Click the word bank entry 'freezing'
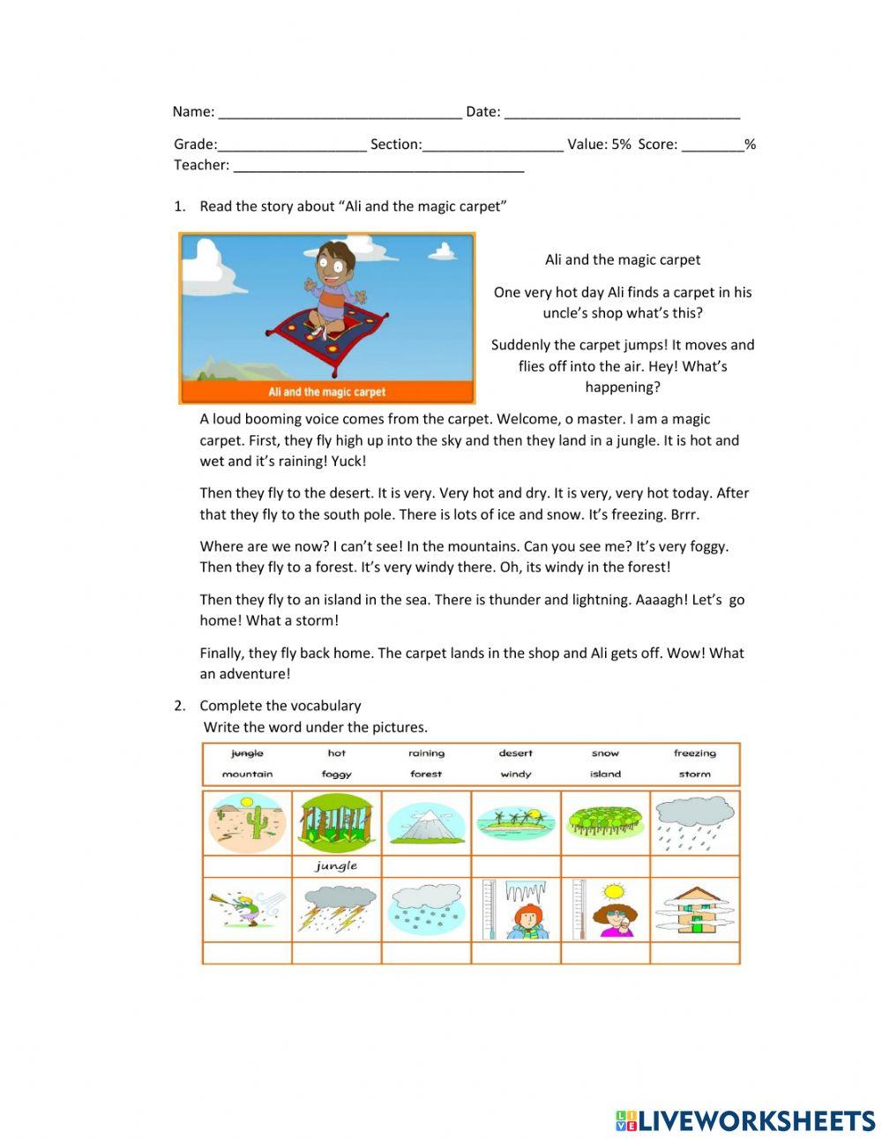[x=695, y=753]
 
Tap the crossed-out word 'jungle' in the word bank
[x=247, y=753]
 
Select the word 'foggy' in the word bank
[x=337, y=775]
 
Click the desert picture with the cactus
[x=248, y=822]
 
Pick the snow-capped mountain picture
[x=426, y=823]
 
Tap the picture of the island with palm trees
[x=516, y=822]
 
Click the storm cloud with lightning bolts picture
[x=337, y=910]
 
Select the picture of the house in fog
[x=695, y=910]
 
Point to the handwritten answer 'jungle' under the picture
[x=337, y=866]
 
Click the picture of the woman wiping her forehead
[x=606, y=910]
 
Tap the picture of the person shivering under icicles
[x=516, y=910]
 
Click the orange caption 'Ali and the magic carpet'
[x=327, y=392]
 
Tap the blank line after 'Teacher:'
[x=378, y=166]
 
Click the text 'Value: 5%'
[x=599, y=145]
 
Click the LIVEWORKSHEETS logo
[x=745, y=1120]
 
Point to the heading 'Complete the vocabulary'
[x=280, y=706]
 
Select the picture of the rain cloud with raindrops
[x=695, y=822]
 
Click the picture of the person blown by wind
[x=248, y=910]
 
